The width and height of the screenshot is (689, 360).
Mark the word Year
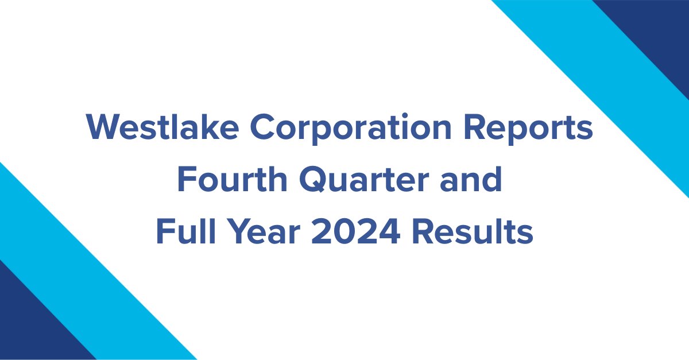click(256, 232)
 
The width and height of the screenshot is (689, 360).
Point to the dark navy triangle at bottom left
click(29, 327)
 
